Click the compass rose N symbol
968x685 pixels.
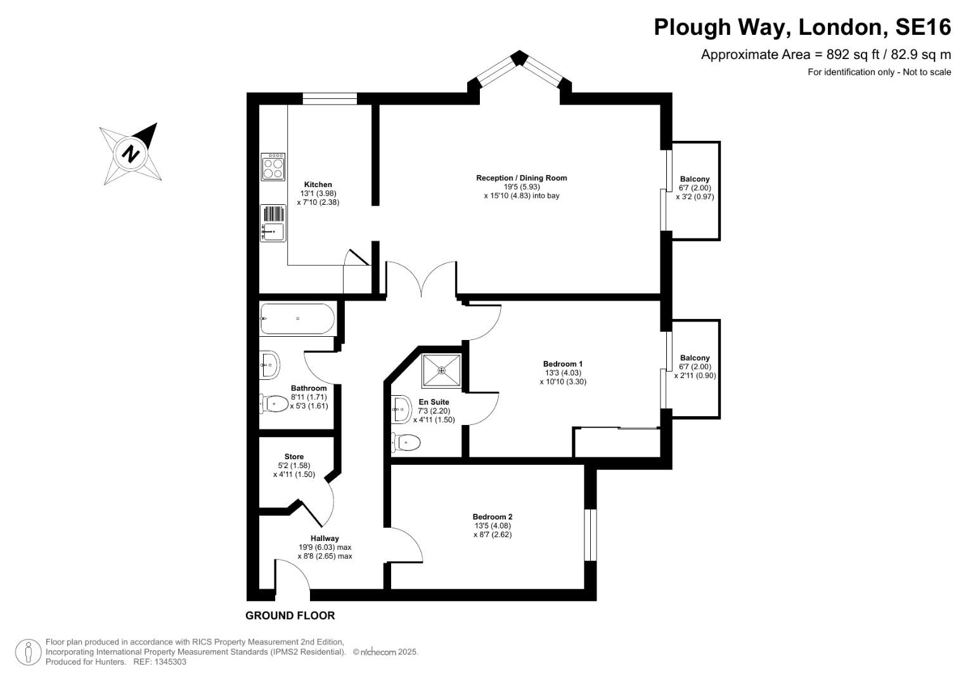click(x=131, y=153)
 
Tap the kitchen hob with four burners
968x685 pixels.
click(x=273, y=167)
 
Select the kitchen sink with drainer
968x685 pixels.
click(x=273, y=223)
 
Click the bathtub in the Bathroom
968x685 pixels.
click(x=297, y=318)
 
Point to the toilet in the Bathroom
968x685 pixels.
click(x=273, y=403)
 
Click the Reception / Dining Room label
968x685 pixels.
click(x=521, y=178)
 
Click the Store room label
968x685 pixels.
click(x=294, y=457)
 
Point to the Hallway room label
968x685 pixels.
click(x=325, y=538)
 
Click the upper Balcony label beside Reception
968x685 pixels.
click(x=695, y=179)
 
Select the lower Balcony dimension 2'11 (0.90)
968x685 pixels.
click(x=695, y=375)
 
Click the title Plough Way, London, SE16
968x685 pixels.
click(x=802, y=27)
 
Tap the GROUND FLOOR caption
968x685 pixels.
click(x=290, y=615)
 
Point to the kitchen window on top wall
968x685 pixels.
click(x=330, y=98)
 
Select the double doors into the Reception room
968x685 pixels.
click(x=421, y=279)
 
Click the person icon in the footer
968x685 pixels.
click(x=28, y=651)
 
